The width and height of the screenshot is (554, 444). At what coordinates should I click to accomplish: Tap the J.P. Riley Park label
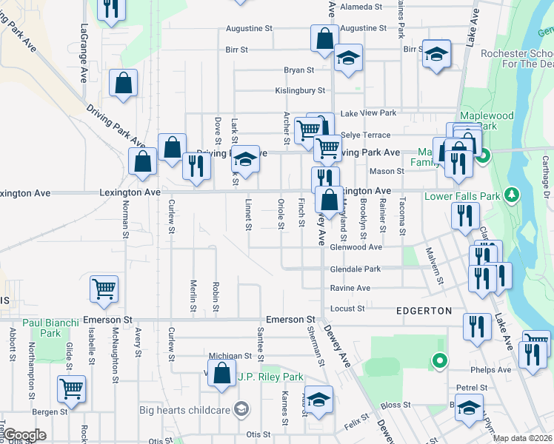270,377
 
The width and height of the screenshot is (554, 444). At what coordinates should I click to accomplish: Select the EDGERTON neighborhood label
424,311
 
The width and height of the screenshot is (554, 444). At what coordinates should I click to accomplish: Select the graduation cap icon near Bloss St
469,407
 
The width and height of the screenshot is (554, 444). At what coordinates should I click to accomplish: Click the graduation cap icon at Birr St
437,53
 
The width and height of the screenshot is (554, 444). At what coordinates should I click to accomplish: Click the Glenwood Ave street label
356,247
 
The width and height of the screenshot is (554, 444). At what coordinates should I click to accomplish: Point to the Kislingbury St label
301,90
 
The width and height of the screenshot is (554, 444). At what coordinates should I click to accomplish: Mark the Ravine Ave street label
350,288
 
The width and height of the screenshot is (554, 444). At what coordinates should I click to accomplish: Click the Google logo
24,436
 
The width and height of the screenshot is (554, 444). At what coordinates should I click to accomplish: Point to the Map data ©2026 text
522,438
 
